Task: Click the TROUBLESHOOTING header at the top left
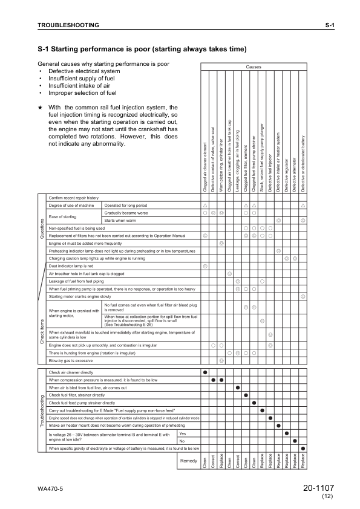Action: coord(68,25)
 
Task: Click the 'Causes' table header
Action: coord(254,67)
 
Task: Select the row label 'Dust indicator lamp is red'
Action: coord(71,266)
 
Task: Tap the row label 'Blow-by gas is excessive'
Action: coord(70,360)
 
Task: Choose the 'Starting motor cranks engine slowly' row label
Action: coord(80,297)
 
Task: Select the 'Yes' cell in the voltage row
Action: coord(183,433)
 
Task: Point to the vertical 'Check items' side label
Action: coord(42,332)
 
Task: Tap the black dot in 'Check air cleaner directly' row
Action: coord(206,372)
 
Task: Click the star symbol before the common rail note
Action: coord(40,108)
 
